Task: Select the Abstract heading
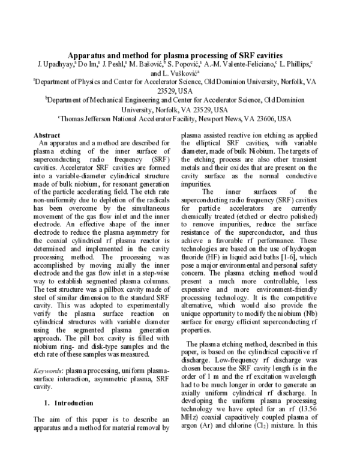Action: coord(47,136)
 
